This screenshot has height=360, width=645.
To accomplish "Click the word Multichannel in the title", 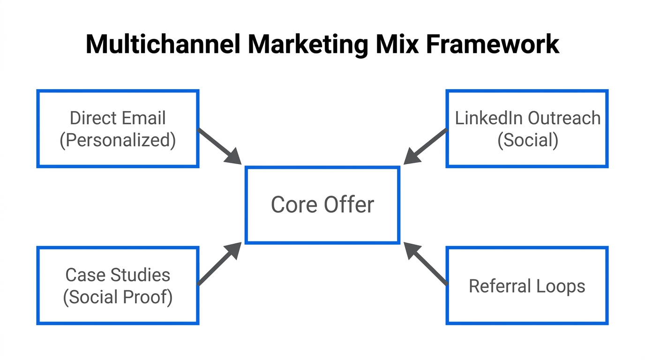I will tap(163, 45).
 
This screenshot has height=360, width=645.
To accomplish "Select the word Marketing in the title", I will tap(307, 45).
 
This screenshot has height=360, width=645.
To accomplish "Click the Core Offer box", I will tap(322, 205).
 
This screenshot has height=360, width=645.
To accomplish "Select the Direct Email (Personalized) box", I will tap(118, 129).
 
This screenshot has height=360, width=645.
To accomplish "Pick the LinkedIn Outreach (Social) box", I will tap(527, 129).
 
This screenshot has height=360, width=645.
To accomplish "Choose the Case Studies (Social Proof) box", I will tap(118, 285).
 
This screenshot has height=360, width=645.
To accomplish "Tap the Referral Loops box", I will tap(527, 285).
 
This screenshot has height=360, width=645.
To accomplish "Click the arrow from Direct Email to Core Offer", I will tap(219, 146).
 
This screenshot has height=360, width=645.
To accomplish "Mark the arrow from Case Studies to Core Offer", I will tap(219, 264).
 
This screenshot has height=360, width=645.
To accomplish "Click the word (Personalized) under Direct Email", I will tap(118, 140).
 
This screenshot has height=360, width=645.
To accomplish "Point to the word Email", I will tap(143, 118).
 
